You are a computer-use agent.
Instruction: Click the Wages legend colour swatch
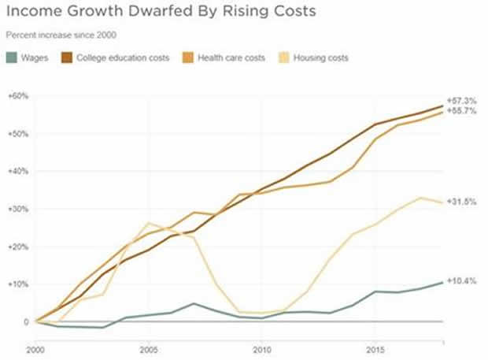click(11, 58)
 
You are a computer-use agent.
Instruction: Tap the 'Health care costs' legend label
click(231, 58)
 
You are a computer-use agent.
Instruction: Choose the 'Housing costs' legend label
click(321, 58)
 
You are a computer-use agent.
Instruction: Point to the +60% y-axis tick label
click(17, 96)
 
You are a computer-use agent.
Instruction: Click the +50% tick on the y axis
click(17, 134)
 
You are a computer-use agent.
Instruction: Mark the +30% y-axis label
click(17, 209)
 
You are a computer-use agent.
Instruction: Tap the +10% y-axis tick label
click(17, 284)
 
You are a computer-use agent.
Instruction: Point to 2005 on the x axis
click(150, 347)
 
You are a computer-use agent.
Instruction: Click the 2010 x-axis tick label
click(264, 347)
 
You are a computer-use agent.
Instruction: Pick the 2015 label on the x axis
click(377, 347)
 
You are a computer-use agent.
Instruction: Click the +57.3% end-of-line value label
click(462, 102)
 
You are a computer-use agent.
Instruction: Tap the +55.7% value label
click(462, 112)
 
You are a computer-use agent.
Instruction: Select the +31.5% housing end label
click(462, 202)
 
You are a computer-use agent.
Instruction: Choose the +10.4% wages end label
click(462, 280)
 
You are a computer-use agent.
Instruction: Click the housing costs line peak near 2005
click(149, 223)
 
